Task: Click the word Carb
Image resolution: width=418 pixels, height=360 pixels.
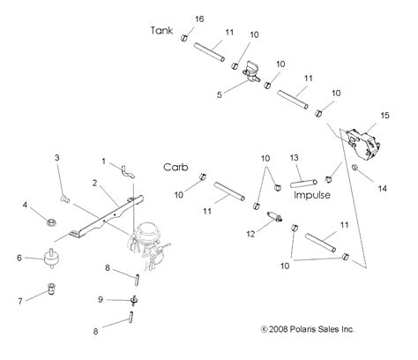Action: (x=174, y=166)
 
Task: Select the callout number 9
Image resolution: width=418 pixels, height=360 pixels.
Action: (x=100, y=300)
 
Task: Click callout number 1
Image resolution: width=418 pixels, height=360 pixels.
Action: (x=102, y=161)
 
